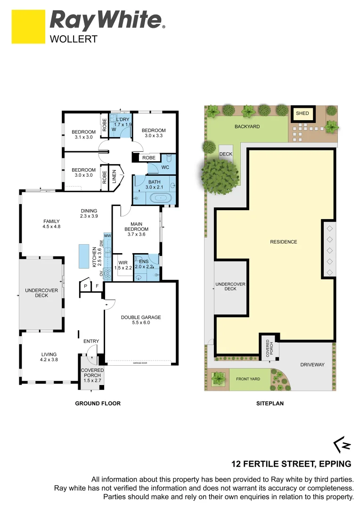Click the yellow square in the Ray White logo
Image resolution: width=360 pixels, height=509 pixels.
[28, 27]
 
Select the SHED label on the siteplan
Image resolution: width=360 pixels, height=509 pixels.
[302, 113]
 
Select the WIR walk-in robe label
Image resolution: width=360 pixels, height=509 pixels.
[123, 262]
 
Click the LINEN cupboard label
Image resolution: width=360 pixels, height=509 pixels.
[114, 177]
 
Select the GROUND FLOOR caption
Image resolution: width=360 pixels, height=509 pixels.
[98, 403]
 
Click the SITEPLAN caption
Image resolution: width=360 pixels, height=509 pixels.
[270, 403]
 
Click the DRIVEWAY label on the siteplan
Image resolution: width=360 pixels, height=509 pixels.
[312, 365]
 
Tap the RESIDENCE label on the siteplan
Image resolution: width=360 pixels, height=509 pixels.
[283, 242]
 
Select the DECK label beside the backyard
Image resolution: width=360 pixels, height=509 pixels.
[226, 154]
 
